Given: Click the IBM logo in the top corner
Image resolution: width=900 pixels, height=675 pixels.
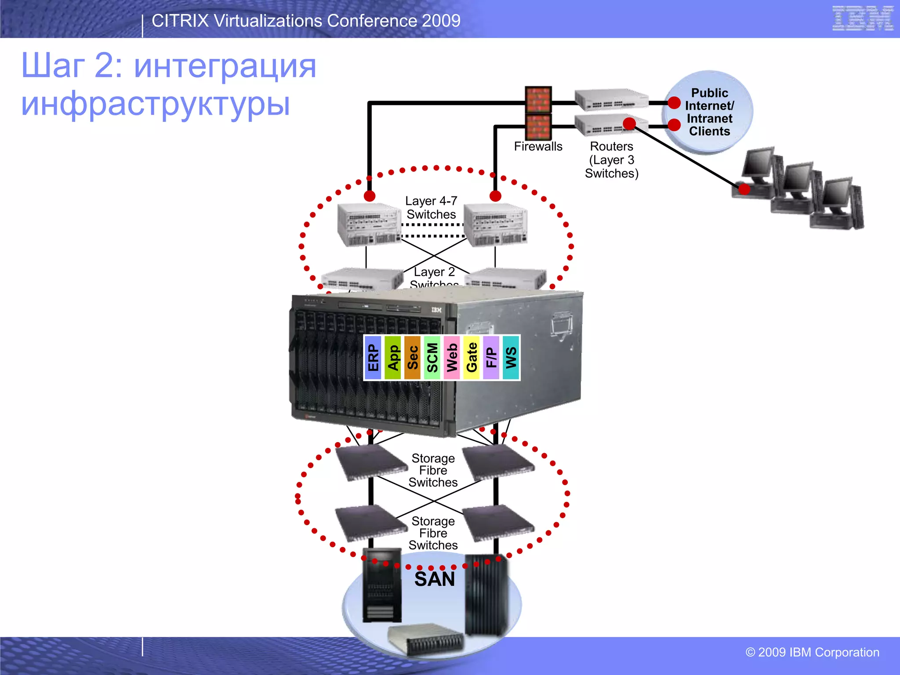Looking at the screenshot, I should [x=862, y=18].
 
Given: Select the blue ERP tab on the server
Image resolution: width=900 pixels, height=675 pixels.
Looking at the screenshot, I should [x=373, y=358].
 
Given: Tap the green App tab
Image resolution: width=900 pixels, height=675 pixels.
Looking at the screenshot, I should [x=393, y=358].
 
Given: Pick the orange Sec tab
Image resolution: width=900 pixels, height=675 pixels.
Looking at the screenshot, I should [x=413, y=358].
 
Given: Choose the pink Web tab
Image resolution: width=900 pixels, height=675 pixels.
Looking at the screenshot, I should [x=452, y=358].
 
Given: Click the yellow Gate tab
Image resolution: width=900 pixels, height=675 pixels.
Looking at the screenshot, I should [x=472, y=358].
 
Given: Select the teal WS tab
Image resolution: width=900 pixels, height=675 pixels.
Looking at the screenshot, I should [x=511, y=358].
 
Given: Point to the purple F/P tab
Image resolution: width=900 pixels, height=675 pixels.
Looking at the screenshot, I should [x=491, y=358].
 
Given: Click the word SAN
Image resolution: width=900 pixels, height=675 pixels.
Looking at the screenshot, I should [x=434, y=579].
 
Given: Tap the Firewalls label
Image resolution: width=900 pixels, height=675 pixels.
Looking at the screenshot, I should [x=538, y=146].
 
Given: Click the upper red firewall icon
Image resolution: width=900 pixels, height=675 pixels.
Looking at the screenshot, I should [x=538, y=99].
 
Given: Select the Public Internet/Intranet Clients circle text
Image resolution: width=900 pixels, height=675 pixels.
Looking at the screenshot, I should [x=709, y=112].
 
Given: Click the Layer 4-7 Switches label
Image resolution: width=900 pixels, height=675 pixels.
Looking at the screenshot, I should [x=431, y=207].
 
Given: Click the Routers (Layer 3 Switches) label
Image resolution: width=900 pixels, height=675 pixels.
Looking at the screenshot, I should [x=611, y=160].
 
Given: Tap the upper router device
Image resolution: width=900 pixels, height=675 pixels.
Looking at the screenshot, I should [x=611, y=100].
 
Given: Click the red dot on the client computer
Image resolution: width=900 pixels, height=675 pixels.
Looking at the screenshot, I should [x=744, y=189].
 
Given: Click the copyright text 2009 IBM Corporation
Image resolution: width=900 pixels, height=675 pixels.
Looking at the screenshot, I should [x=812, y=652].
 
